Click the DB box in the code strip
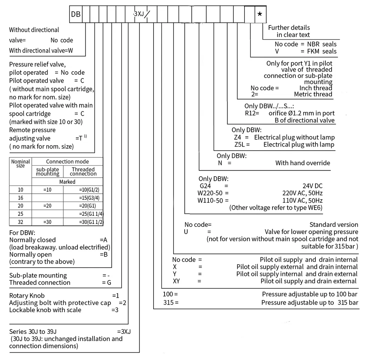click(x=75, y=14)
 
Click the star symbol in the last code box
click(x=260, y=14)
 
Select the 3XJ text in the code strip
click(x=139, y=14)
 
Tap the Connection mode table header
click(x=67, y=161)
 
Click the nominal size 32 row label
click(x=21, y=222)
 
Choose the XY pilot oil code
click(x=177, y=281)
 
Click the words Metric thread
click(x=313, y=94)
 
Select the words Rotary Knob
click(x=27, y=296)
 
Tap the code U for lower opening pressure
click(x=186, y=232)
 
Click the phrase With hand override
click(x=302, y=163)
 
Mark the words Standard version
click(x=333, y=225)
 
